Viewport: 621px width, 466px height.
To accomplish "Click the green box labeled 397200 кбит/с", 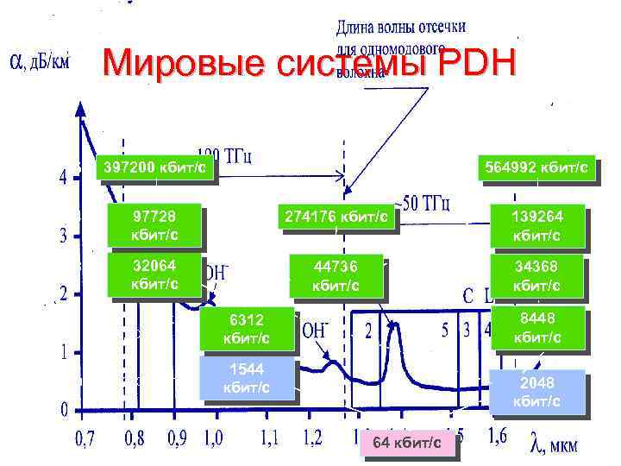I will tap(154, 167).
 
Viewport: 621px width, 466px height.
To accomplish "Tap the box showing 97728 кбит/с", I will tap(155, 224).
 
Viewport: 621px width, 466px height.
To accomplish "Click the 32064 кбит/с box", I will tap(155, 274).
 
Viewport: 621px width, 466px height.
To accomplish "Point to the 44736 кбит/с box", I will tap(335, 274).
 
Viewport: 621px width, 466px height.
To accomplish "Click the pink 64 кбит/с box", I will tap(405, 443).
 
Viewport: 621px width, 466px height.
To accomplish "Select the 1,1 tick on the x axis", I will tap(271, 438).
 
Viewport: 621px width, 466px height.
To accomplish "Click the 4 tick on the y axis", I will tap(62, 178).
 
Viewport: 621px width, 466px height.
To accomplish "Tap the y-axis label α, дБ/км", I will tap(39, 61).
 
